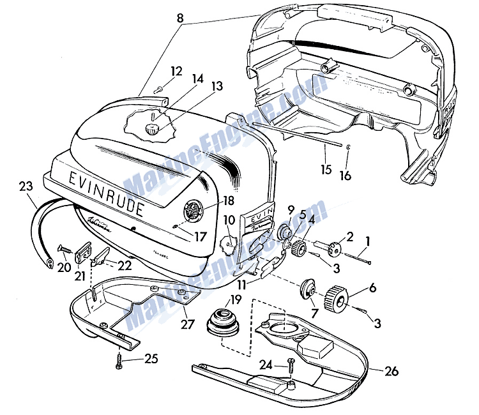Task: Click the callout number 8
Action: [180, 19]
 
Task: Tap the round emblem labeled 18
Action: [192, 211]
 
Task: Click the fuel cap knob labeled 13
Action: [152, 129]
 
